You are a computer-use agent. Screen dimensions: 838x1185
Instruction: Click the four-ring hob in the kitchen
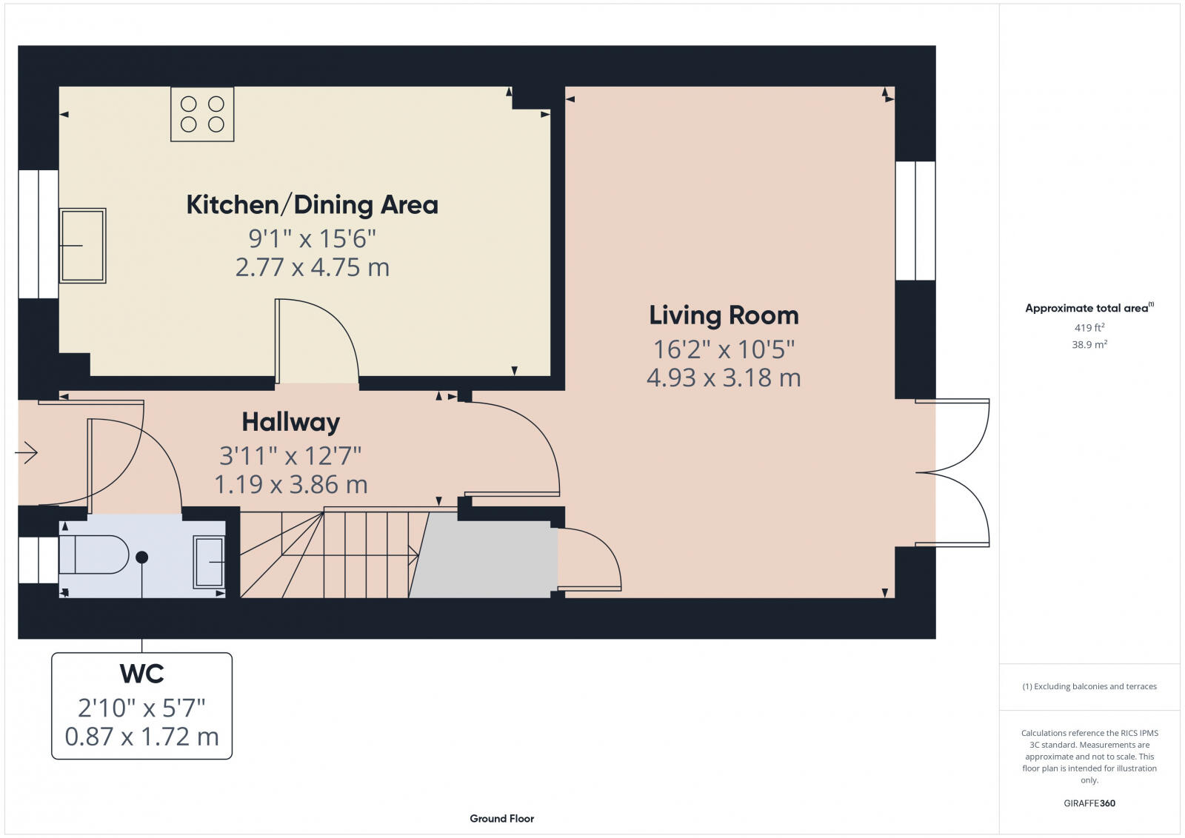pyautogui.click(x=202, y=114)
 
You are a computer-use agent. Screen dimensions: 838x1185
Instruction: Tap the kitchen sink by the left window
pyautogui.click(x=82, y=245)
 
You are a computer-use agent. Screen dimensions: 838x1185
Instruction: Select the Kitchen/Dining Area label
pyautogui.click(x=312, y=205)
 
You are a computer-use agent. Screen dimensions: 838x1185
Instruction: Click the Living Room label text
pyautogui.click(x=724, y=315)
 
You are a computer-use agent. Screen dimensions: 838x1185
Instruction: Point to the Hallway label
pyautogui.click(x=290, y=422)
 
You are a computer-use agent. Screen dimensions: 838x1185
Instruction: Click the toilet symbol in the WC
pyautogui.click(x=94, y=554)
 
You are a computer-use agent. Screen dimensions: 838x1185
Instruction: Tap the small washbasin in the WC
pyautogui.click(x=209, y=562)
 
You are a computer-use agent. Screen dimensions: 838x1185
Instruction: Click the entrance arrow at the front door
pyautogui.click(x=27, y=452)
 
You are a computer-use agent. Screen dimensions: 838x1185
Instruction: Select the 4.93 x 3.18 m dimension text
pyautogui.click(x=724, y=378)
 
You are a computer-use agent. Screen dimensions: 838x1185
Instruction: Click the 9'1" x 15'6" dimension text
pyautogui.click(x=312, y=238)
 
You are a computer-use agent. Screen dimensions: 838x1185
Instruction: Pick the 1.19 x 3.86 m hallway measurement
pyautogui.click(x=290, y=485)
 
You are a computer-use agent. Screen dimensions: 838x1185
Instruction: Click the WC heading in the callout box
pyautogui.click(x=141, y=674)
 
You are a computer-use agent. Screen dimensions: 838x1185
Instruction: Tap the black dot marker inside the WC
pyautogui.click(x=141, y=557)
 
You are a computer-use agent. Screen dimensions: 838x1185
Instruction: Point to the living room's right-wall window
pyautogui.click(x=915, y=221)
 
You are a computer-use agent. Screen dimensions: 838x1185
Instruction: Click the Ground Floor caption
pyautogui.click(x=501, y=818)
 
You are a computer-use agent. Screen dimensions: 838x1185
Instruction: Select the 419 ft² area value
pyautogui.click(x=1089, y=327)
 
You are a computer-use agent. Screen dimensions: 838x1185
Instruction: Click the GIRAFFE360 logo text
pyautogui.click(x=1089, y=803)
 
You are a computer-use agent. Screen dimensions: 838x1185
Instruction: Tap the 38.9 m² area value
pyautogui.click(x=1089, y=344)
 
